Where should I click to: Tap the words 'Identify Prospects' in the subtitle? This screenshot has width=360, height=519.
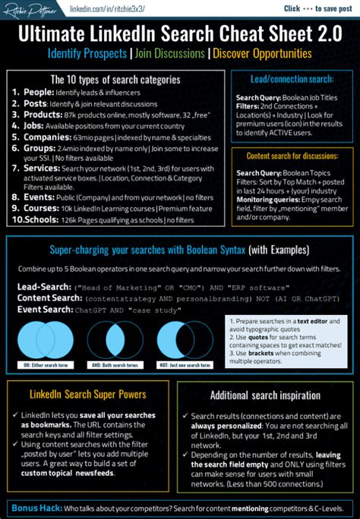pyautogui.click(x=86, y=54)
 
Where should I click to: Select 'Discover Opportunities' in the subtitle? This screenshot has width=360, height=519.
pyautogui.click(x=262, y=54)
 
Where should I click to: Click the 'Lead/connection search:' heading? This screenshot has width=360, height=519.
pyautogui.click(x=292, y=79)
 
